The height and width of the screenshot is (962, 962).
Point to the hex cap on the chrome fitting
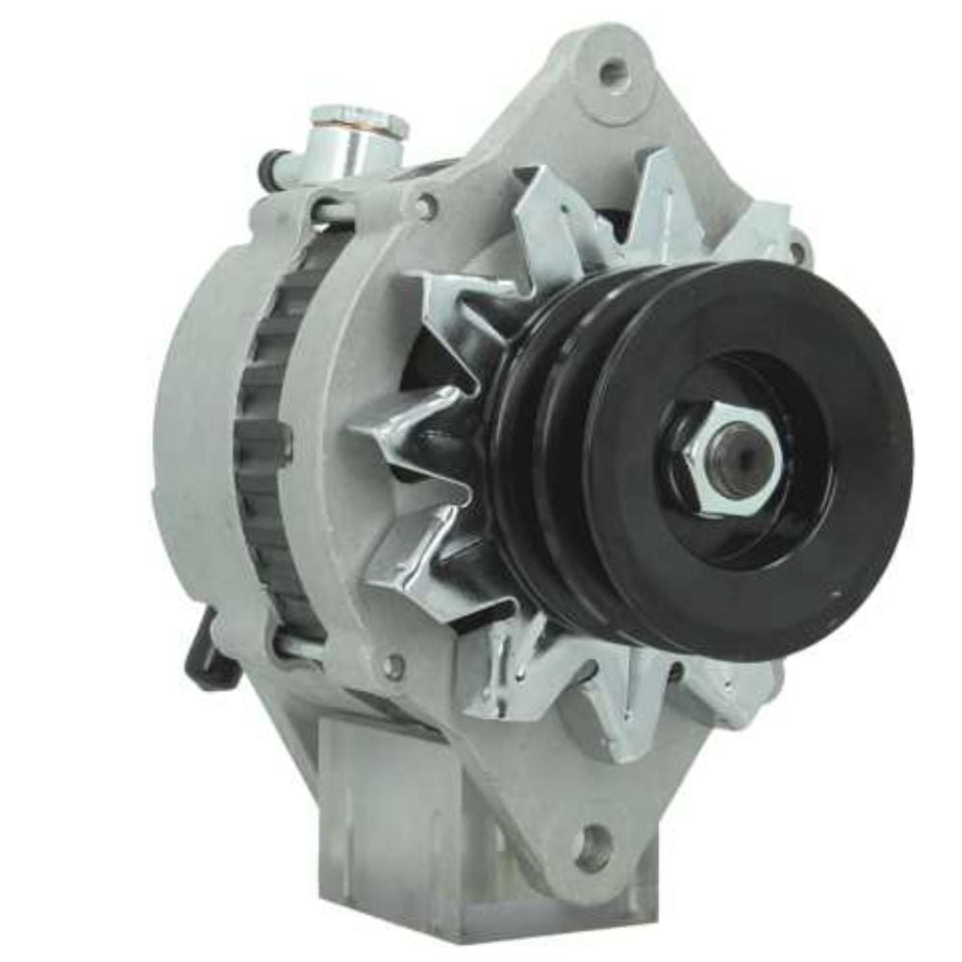tap(359, 120)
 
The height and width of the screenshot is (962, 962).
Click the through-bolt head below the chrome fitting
tap(424, 205)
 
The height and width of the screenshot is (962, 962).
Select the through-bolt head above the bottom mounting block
tap(392, 665)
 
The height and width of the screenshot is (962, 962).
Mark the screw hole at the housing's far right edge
tap(797, 252)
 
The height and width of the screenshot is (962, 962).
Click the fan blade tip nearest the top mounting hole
tap(664, 178)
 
